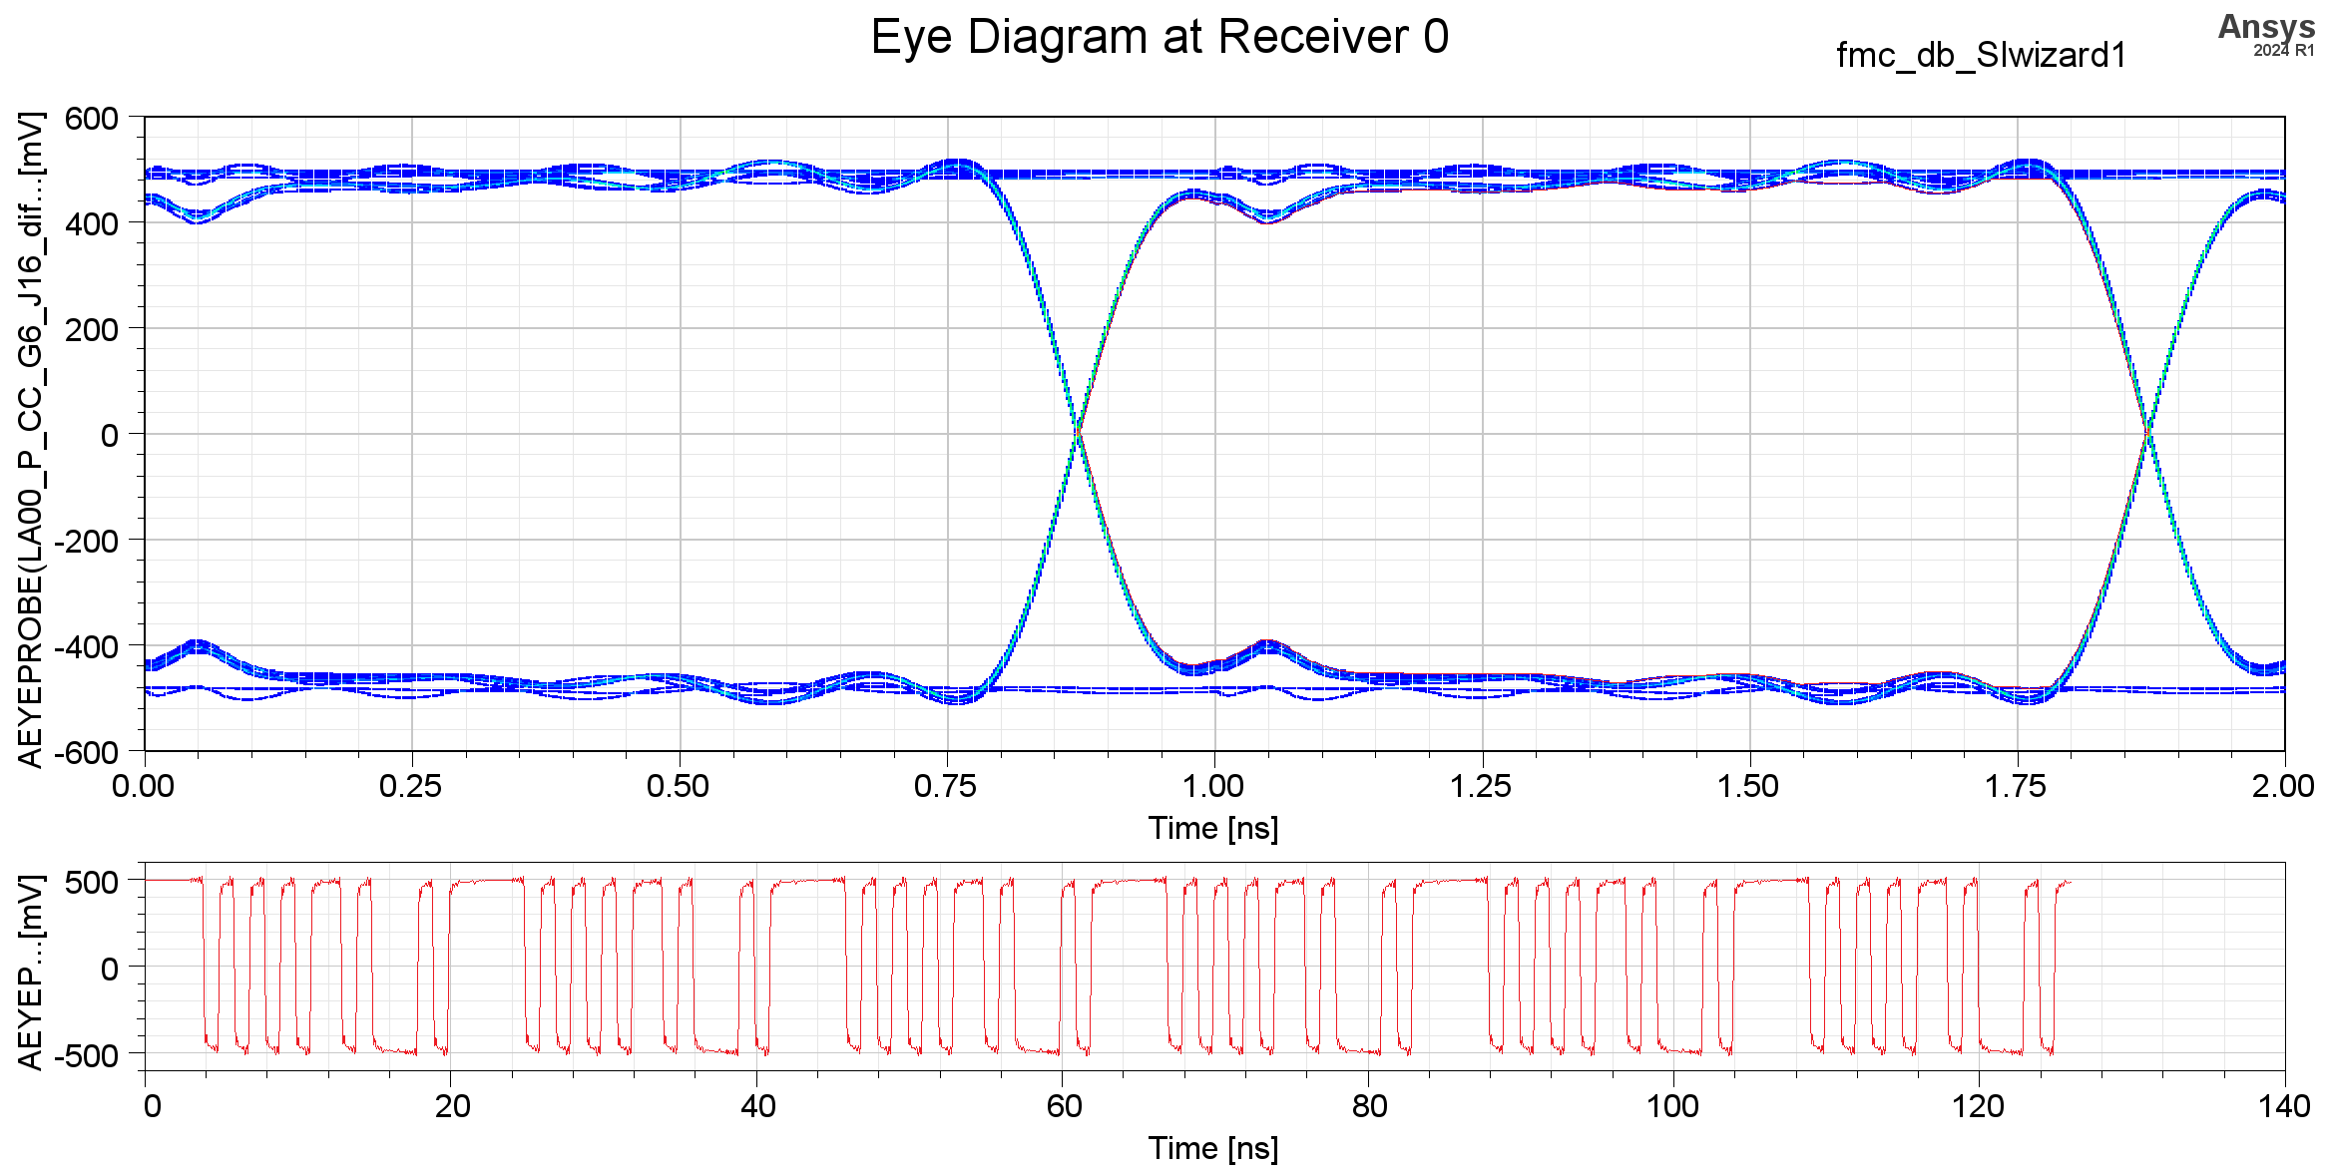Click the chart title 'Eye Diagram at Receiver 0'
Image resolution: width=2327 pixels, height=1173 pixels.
1160,38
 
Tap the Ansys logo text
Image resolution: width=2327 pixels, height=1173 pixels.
2266,26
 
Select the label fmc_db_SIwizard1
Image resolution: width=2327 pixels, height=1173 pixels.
1981,55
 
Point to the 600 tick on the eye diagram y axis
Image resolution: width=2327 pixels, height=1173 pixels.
92,119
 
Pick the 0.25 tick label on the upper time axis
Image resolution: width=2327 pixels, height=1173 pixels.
410,787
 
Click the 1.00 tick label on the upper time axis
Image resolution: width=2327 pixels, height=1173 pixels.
1213,787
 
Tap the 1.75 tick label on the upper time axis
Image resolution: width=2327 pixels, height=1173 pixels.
2016,787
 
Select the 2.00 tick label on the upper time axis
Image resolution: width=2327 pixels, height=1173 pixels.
2283,787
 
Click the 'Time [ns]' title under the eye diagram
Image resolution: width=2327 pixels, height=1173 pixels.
1213,829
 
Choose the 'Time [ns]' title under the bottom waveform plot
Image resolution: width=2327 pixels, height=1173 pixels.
1213,1149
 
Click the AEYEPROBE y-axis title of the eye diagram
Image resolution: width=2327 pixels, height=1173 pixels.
31,439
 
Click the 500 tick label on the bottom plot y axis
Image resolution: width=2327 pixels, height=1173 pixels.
92,882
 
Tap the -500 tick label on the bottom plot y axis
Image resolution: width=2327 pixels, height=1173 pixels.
86,1055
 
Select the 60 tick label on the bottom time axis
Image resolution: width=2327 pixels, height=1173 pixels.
1064,1106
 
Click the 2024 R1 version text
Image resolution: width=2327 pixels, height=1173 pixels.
2283,50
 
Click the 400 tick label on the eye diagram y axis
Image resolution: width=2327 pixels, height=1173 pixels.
92,224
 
